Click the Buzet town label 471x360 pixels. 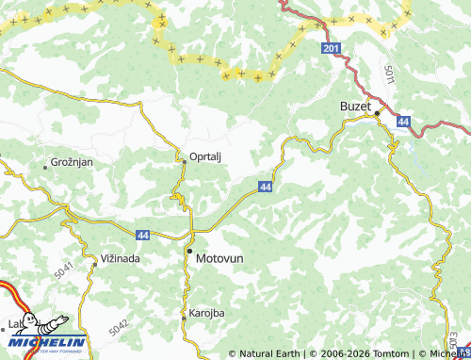click(356, 107)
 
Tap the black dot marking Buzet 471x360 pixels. click(377, 113)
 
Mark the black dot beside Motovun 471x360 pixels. click(188, 253)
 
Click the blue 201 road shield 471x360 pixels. click(329, 48)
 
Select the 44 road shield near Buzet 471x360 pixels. click(403, 122)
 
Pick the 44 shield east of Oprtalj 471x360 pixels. click(266, 188)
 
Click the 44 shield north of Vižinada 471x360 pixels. click(142, 234)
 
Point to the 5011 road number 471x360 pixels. click(390, 73)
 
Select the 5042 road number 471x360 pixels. click(119, 326)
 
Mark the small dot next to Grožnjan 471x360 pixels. click(45, 167)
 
